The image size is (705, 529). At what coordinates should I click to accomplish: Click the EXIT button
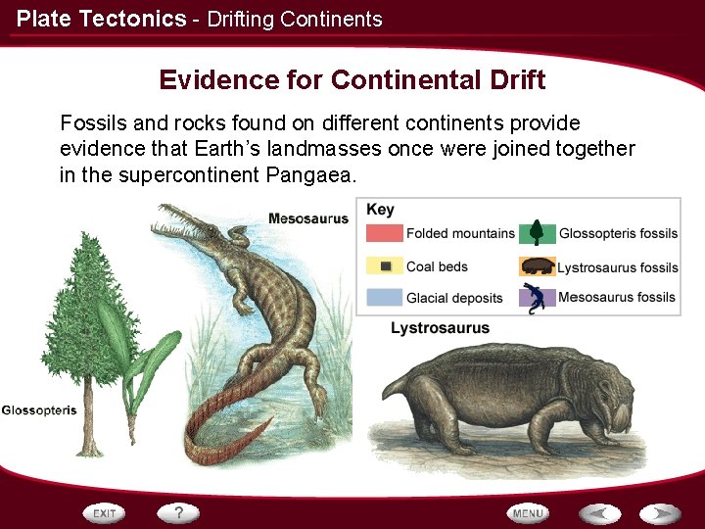pos(105,513)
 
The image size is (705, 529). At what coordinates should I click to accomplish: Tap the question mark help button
pos(178,512)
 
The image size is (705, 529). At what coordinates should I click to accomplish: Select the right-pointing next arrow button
pos(660,513)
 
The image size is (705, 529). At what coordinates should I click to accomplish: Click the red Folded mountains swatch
pos(385,233)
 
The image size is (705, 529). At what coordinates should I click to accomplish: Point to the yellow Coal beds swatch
pos(385,266)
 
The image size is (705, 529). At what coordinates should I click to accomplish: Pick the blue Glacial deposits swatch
pos(385,298)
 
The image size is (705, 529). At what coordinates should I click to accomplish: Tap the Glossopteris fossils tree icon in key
pos(537,232)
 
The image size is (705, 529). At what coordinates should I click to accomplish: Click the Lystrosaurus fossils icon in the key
pos(537,266)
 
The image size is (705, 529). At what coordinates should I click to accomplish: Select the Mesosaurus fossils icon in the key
pos(537,298)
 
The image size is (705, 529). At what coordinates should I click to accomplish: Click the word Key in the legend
pos(380,210)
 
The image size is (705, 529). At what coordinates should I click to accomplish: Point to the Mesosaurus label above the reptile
pos(308,218)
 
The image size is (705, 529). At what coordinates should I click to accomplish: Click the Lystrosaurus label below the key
pos(440,328)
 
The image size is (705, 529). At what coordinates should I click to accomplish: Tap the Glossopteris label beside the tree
pos(39,409)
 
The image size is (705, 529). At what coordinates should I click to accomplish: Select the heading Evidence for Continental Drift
pos(352,79)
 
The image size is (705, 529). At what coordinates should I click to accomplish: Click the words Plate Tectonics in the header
pos(101,18)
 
